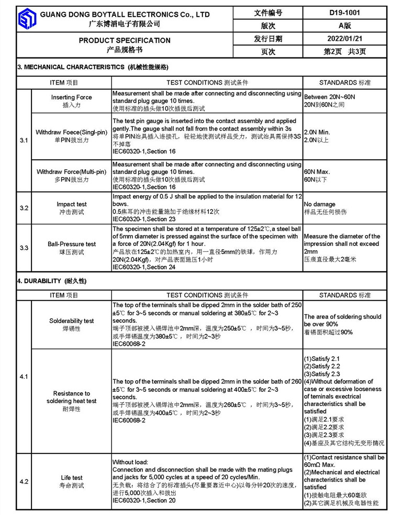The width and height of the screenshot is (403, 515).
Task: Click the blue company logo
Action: [27, 19]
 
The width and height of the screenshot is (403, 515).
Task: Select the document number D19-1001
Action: [345, 13]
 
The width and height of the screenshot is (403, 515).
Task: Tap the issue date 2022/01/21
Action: [345, 39]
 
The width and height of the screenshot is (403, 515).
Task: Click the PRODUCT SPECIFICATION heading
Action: [125, 40]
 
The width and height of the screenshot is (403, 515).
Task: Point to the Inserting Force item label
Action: [71, 97]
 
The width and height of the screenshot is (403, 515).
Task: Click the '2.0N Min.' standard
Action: [317, 133]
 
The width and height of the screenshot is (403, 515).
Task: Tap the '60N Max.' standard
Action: [317, 172]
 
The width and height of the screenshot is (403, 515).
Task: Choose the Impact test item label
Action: [72, 204]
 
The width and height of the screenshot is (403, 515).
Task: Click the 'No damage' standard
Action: [320, 204]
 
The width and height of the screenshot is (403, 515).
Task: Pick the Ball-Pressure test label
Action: [72, 244]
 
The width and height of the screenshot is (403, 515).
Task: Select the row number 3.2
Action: [24, 208]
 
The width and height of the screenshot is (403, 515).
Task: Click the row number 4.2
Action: [24, 482]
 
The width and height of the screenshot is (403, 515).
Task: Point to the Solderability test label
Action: [72, 321]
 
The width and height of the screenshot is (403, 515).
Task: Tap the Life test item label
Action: [72, 477]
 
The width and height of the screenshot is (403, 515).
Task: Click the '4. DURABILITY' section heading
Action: [52, 281]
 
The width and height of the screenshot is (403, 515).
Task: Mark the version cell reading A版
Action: [345, 26]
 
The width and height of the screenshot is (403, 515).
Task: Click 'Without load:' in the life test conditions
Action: [130, 462]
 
